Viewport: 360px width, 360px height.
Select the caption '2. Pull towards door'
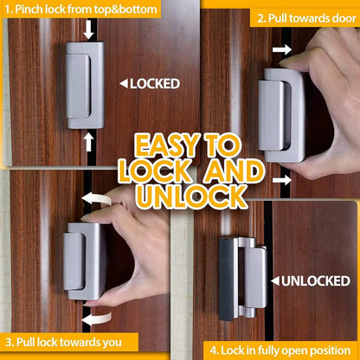pos(301,16)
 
